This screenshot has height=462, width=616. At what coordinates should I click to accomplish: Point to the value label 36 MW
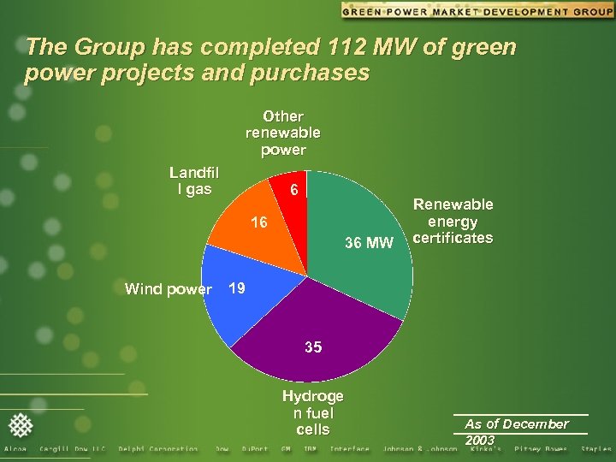tap(369, 244)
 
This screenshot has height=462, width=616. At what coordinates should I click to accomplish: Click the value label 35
tap(314, 347)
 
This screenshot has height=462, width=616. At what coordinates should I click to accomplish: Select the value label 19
tap(237, 288)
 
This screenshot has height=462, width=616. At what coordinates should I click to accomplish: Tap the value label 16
tap(259, 222)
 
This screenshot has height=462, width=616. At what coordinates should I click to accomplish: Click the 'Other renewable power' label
tap(283, 133)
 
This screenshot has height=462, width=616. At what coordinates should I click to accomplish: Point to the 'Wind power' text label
tap(168, 289)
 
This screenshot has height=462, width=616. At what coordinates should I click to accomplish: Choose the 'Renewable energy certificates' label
tap(453, 221)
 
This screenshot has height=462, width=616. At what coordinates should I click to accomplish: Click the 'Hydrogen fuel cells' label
tap(313, 412)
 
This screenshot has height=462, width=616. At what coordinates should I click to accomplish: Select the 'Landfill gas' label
tap(193, 181)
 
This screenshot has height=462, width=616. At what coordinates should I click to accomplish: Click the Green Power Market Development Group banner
tap(477, 11)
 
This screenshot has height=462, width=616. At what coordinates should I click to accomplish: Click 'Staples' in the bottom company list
tap(595, 449)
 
